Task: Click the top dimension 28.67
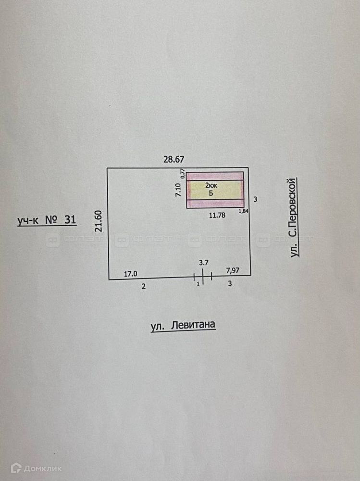pos(174,159)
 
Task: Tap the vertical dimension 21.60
pos(99,221)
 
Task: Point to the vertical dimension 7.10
pos(178,190)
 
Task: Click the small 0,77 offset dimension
pos(182,174)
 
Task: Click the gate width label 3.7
pos(204,263)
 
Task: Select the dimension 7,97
pos(234,271)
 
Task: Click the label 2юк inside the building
pos(211,185)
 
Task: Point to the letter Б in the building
pos(211,193)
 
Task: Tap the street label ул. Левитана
pos(183,326)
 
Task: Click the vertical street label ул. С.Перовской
pos(295,217)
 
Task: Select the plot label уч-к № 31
pos(47,220)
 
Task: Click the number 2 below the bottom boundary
pos(143,286)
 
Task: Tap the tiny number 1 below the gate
pos(198,284)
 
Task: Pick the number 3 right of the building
pos(256,199)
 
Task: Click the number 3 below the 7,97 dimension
pos(230,284)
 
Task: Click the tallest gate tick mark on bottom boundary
pos(203,277)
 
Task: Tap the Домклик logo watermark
pos(36,468)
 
